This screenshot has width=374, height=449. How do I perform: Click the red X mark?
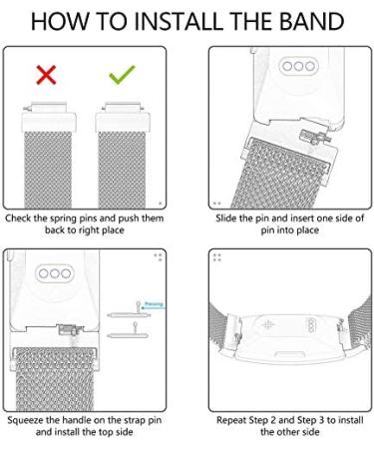point(46,75)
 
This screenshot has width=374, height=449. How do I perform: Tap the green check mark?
point(122,74)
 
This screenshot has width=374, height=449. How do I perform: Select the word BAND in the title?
point(311,21)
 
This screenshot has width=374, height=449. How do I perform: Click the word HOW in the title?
point(60,21)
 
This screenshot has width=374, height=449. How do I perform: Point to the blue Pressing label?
point(154,304)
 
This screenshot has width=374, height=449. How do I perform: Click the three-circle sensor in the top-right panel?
point(298,66)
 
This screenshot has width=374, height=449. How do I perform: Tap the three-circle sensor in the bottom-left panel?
point(55,273)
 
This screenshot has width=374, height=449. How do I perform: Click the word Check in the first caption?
point(18,219)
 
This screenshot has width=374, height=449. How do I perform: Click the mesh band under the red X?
point(48,170)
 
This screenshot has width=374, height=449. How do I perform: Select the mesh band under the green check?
point(122,170)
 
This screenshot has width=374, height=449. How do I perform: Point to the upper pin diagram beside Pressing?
point(128,312)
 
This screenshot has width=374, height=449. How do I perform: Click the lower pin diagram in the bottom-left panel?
point(128,332)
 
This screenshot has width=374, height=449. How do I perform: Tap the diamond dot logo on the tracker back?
point(268,324)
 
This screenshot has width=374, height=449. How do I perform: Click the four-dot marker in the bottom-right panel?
point(217,257)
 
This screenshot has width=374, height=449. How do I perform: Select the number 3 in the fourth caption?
point(321,420)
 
